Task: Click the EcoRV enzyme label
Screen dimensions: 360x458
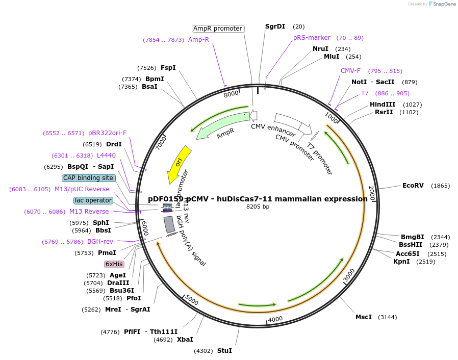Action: click(x=413, y=186)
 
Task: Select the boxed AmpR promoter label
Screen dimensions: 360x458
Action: click(x=218, y=29)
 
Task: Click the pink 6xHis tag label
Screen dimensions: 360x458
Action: click(x=114, y=264)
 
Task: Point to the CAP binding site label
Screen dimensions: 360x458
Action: click(x=88, y=178)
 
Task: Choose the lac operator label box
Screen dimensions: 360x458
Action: click(x=93, y=200)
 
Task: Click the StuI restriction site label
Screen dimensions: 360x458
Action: click(x=224, y=351)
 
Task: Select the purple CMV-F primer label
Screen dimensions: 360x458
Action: click(x=350, y=71)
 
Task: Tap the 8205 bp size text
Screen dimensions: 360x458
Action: click(x=258, y=207)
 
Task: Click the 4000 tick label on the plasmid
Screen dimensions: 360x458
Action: click(x=275, y=319)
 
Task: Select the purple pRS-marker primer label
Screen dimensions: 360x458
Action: click(x=312, y=38)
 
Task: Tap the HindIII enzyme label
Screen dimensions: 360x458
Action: click(x=383, y=105)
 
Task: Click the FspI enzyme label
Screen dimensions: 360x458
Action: click(x=168, y=68)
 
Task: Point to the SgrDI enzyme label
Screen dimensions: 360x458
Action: click(x=275, y=27)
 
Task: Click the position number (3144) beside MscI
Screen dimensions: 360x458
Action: click(x=387, y=317)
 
